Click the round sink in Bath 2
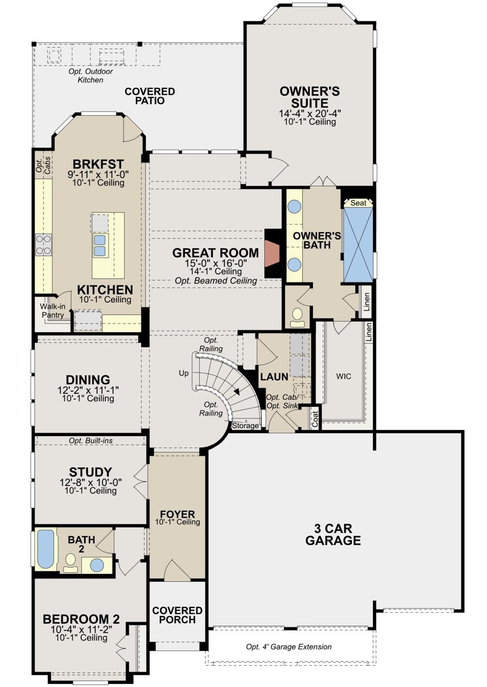click(x=97, y=564)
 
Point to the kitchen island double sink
click(x=100, y=246)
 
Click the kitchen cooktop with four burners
click(x=43, y=245)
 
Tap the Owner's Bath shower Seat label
click(x=358, y=203)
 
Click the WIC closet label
click(x=344, y=376)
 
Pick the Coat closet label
click(x=315, y=419)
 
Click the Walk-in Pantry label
click(x=53, y=310)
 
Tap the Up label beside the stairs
click(x=184, y=373)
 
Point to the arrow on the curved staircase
click(x=236, y=391)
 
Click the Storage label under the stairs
click(x=245, y=425)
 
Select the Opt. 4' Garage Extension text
click(x=289, y=647)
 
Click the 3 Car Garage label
click(x=333, y=534)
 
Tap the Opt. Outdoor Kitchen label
click(x=90, y=76)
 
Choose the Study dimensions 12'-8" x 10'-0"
click(x=90, y=483)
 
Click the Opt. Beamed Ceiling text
click(x=216, y=280)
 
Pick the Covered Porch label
click(x=177, y=615)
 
